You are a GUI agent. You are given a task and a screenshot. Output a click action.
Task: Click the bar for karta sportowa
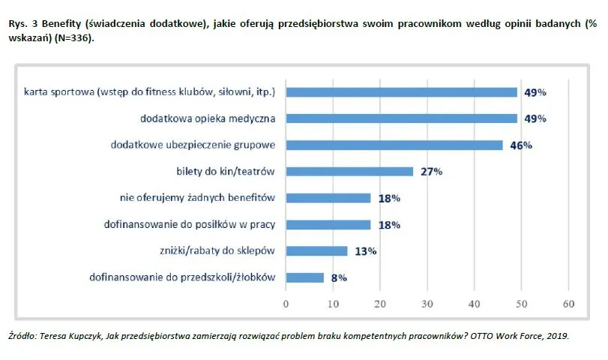[x=401, y=92]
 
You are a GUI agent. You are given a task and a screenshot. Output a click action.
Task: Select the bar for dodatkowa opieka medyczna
[x=401, y=118]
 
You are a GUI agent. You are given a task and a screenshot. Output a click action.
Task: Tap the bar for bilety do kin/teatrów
[x=349, y=172]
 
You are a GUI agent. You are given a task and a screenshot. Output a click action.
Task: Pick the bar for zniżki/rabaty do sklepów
[x=316, y=251]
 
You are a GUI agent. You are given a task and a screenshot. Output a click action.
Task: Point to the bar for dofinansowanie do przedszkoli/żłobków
[x=304, y=277]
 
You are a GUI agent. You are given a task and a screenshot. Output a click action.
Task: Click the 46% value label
[x=521, y=145]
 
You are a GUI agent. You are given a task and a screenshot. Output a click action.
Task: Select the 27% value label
[x=431, y=172]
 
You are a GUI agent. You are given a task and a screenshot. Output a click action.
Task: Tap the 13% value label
[x=365, y=251]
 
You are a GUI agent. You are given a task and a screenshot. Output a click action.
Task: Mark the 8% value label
[x=339, y=277]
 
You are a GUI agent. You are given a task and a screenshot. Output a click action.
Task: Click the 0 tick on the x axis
[x=286, y=304]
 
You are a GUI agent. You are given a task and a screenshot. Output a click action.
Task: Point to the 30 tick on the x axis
[x=427, y=304]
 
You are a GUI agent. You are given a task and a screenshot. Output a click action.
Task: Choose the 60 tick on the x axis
[x=568, y=304]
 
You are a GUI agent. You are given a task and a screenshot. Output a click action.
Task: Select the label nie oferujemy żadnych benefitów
[x=198, y=198]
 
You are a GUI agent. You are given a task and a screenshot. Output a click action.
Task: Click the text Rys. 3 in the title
[x=22, y=24]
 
